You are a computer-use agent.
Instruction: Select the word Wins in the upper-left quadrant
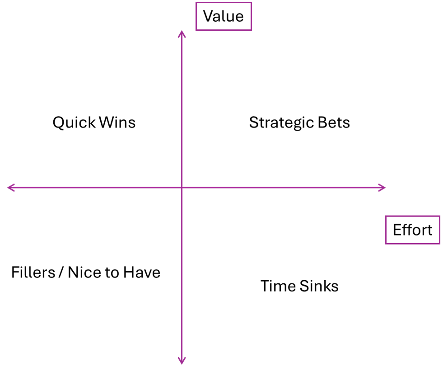[117, 122]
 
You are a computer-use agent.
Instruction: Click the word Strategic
[282, 123]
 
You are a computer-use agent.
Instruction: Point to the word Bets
[334, 122]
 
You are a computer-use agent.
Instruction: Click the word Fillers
[33, 273]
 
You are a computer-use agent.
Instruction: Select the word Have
[141, 273]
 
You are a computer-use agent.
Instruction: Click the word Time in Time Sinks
[278, 286]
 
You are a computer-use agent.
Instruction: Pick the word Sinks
[319, 286]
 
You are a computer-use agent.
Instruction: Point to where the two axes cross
[182, 188]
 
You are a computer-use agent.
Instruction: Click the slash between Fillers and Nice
[61, 273]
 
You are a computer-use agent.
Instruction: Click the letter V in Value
[209, 16]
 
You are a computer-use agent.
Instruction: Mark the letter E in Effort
[398, 230]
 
